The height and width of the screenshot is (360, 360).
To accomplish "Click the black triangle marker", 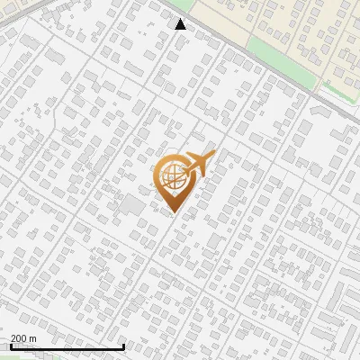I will tap(181, 24).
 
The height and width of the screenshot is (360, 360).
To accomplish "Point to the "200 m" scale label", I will tap(24, 338).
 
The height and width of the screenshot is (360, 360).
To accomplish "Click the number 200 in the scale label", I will tap(20, 338).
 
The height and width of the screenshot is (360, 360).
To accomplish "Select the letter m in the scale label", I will tap(33, 338).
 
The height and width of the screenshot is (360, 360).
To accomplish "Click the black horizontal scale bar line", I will tap(67, 347).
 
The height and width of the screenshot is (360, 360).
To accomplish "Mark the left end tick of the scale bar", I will tap(10, 346).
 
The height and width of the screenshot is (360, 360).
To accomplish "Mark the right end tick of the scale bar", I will tap(123, 346).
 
